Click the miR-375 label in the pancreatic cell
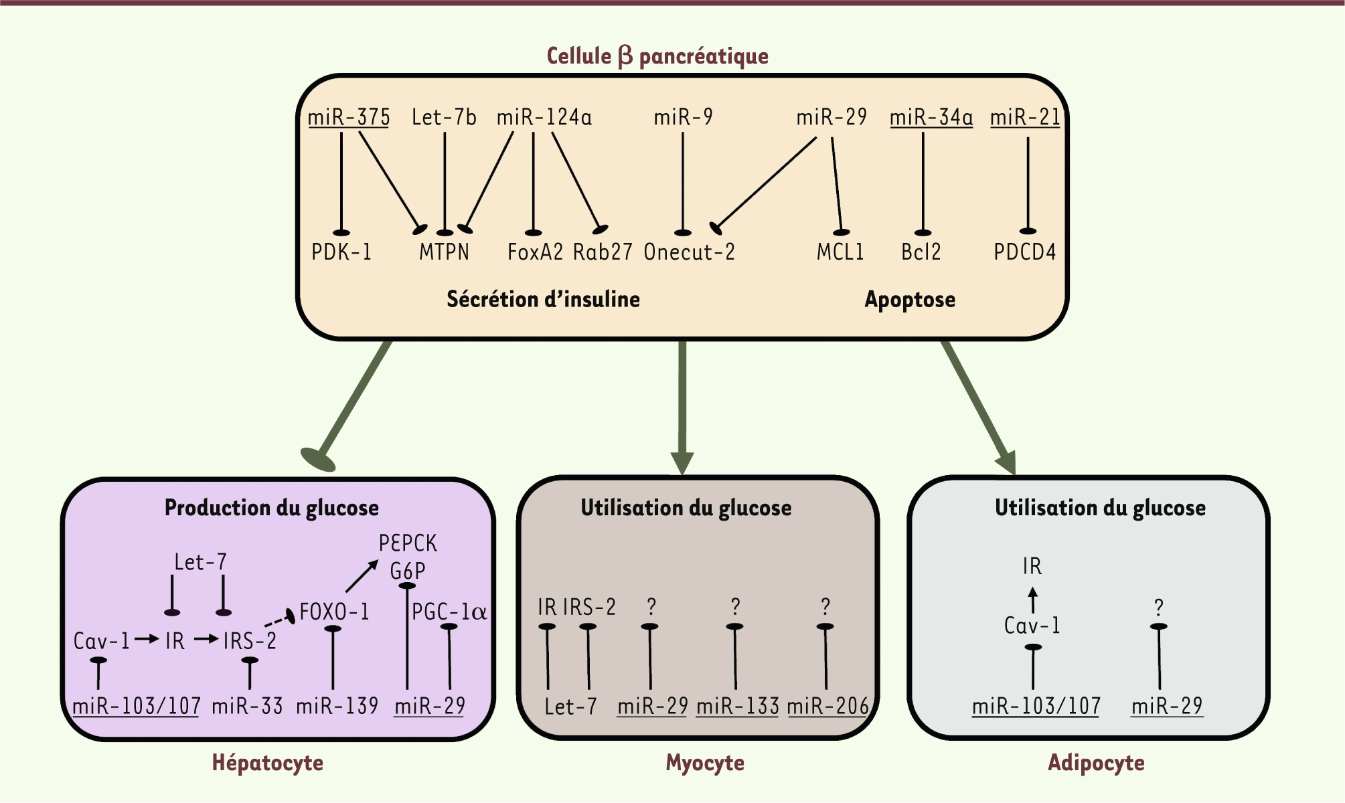point(349,117)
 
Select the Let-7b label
point(444,117)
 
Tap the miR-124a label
point(544,117)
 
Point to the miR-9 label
point(683,117)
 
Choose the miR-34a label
point(931,117)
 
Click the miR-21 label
point(1025,117)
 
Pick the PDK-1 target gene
point(341,252)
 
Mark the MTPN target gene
point(444,252)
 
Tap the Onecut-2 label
point(689,252)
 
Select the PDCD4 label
point(1024,252)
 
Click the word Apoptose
point(910,299)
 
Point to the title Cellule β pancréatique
point(657,56)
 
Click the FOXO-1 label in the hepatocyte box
point(334,612)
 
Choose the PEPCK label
point(408,543)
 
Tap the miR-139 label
point(337,706)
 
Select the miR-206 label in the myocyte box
point(827,706)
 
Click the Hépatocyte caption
point(267,762)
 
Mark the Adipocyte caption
point(1096,762)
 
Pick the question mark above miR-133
point(735,607)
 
